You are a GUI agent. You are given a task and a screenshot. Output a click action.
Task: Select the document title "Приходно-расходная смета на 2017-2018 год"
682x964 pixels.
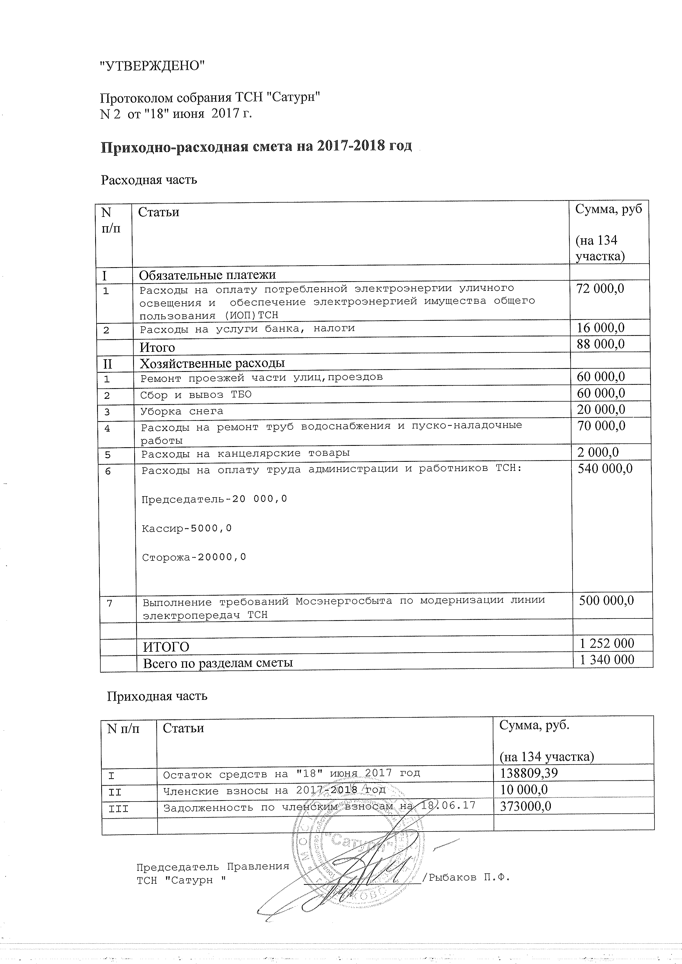(256, 147)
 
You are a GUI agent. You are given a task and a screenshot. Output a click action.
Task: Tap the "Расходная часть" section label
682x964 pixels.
(149, 180)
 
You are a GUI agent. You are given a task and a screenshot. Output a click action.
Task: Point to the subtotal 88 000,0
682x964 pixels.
(601, 344)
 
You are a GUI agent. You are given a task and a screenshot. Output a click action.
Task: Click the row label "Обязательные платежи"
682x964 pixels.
(207, 275)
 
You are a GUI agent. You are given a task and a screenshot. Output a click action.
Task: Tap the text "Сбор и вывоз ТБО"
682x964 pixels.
(196, 395)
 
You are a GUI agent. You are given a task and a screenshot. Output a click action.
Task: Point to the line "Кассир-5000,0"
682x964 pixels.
(187, 528)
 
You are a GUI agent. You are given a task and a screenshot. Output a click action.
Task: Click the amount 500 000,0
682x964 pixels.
(606, 600)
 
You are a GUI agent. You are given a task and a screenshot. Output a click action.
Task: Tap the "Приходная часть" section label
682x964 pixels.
(157, 696)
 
